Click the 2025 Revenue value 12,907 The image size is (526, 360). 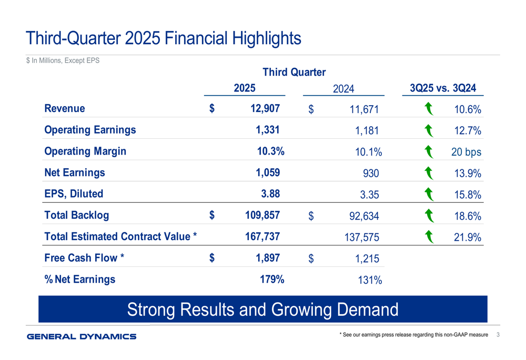click(262, 109)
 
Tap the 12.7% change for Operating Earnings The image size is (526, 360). click(467, 131)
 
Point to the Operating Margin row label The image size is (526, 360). click(86, 151)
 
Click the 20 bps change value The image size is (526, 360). click(466, 152)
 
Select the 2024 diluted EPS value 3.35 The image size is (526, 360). click(369, 195)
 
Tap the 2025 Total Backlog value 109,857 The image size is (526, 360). click(262, 215)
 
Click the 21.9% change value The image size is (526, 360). click(467, 238)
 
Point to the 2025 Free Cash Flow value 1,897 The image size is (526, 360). click(265, 258)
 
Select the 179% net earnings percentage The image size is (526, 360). click(272, 279)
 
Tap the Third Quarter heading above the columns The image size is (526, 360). click(294, 72)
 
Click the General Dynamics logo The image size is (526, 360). click(82, 336)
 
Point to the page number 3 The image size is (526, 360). click(498, 335)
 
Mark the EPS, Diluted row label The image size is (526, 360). click(74, 193)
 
